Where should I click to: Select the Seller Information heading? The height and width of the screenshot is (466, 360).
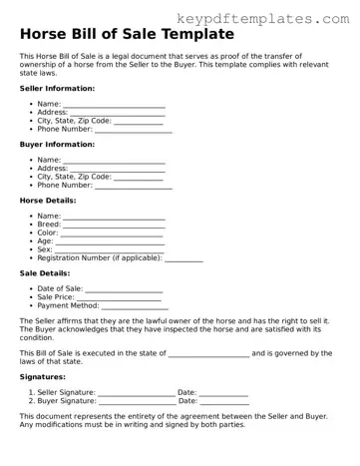(58, 88)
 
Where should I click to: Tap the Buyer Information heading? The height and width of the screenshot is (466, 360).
(57, 144)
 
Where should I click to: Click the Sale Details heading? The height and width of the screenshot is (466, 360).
(45, 272)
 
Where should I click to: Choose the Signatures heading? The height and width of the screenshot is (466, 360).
(43, 377)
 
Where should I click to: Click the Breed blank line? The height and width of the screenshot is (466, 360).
(114, 226)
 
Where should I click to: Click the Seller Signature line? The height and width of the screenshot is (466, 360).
(137, 394)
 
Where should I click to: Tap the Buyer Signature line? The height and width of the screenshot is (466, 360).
(137, 402)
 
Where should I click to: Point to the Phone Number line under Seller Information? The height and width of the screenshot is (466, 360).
(133, 130)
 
